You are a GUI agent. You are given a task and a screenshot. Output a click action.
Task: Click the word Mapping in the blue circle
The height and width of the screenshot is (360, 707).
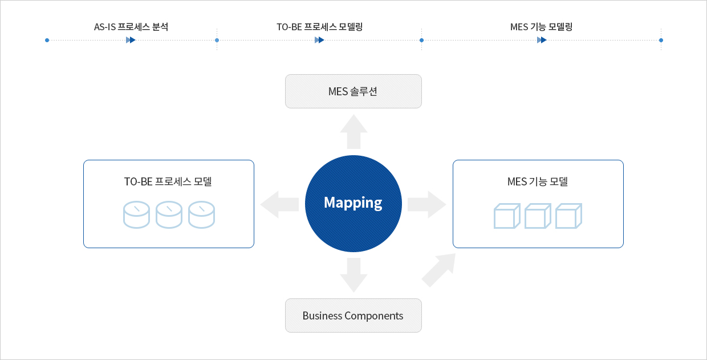point(353,203)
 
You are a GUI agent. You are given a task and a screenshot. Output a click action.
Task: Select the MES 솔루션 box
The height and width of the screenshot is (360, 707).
point(353,91)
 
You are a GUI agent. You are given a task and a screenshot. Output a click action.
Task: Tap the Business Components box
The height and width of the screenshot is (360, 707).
point(353,315)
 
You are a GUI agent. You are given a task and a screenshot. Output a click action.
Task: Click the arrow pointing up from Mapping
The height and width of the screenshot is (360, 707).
point(353,132)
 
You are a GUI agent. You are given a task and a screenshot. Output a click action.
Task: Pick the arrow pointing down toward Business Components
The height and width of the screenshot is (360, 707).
point(353,275)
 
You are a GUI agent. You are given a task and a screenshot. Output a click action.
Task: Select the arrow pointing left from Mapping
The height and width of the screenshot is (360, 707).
point(279,204)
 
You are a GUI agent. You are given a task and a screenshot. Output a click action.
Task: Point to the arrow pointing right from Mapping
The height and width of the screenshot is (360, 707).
point(426,204)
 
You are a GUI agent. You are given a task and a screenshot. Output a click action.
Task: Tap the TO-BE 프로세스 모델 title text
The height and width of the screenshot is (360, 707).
point(168,181)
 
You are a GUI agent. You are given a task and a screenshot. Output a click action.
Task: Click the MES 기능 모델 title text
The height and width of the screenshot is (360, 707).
point(538,181)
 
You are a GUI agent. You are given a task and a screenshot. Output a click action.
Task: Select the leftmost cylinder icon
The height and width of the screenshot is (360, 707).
point(136,215)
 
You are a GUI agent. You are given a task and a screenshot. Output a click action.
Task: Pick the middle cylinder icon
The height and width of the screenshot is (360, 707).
point(169,215)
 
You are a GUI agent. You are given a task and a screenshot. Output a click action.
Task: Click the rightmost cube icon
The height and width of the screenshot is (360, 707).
point(568,216)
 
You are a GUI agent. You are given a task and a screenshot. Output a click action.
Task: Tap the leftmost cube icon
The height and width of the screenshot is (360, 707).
point(507,216)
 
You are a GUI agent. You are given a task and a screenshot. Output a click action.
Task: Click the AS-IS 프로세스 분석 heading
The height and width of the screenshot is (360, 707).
point(131,27)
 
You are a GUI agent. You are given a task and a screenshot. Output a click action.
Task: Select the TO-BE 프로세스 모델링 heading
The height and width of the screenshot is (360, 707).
point(319,27)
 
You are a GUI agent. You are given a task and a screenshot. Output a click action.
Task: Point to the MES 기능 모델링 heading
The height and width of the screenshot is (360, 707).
point(541,27)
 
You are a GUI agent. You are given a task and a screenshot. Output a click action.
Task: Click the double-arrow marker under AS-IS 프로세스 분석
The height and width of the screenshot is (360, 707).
point(131,40)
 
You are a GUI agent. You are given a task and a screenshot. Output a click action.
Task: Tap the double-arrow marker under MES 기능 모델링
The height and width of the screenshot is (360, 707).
point(542,40)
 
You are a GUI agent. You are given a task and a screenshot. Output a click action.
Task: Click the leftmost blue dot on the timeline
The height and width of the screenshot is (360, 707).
point(47,40)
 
